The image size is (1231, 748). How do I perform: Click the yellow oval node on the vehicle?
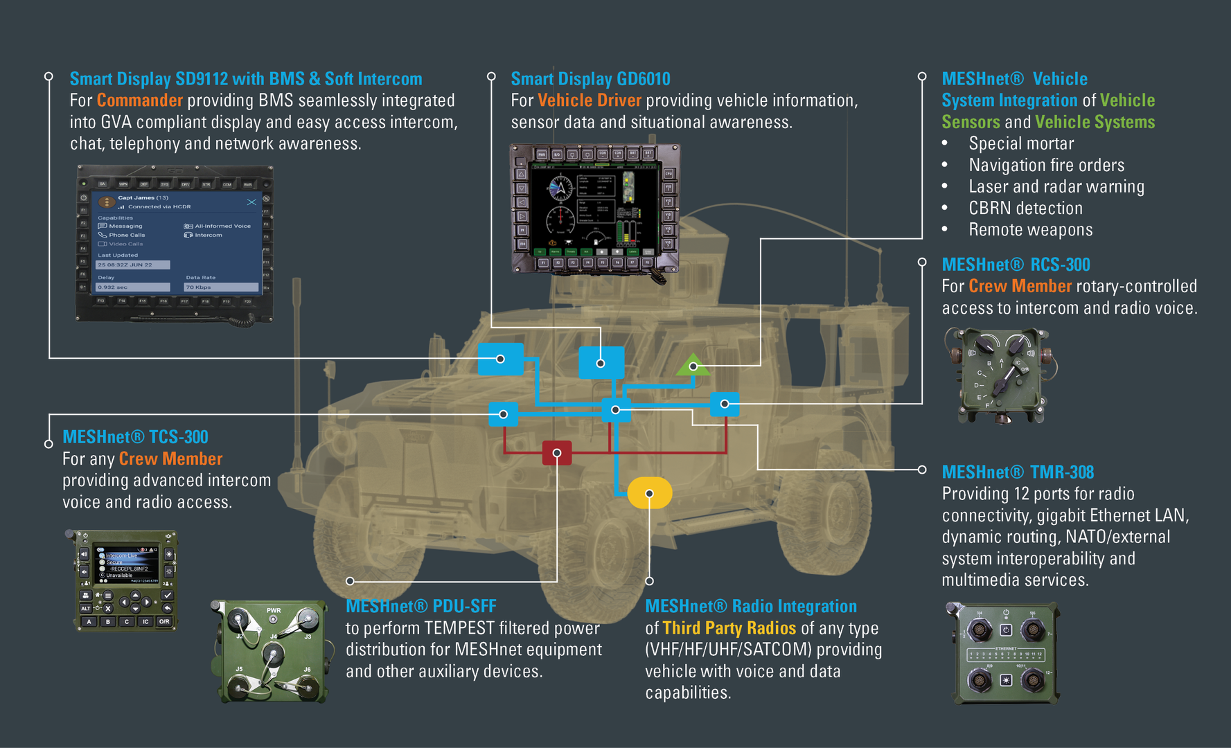[649, 493]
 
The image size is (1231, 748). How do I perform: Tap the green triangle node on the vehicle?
[693, 365]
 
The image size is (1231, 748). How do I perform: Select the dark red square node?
[557, 453]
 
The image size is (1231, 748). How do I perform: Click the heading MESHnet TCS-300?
[135, 437]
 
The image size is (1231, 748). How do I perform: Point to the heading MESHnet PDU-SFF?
[420, 606]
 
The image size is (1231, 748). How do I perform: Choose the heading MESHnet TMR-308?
[1018, 472]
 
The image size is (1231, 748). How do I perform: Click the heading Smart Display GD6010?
[590, 79]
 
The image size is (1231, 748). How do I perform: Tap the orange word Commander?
[140, 100]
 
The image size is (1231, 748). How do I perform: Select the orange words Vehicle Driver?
[590, 100]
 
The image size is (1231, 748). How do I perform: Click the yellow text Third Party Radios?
[729, 628]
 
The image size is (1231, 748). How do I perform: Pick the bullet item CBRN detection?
[1025, 208]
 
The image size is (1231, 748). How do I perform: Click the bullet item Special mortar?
[1021, 143]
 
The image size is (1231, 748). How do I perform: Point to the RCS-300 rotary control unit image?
[1001, 375]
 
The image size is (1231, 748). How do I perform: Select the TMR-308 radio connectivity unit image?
[1004, 652]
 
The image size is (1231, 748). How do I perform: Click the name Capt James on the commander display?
[136, 197]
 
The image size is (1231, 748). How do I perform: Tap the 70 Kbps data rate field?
[220, 287]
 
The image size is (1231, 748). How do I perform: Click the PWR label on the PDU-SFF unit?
[274, 611]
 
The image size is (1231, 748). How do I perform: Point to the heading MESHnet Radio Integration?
[751, 606]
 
